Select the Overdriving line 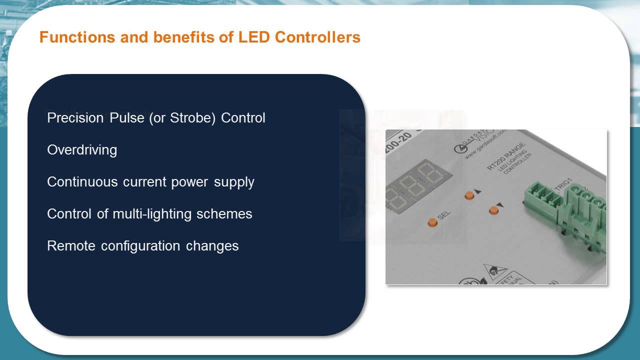click(x=82, y=150)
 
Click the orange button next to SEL click(x=432, y=222)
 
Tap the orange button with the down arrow click(x=494, y=210)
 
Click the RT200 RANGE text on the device click(x=506, y=155)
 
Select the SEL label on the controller click(x=444, y=215)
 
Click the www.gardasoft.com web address click(x=486, y=145)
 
